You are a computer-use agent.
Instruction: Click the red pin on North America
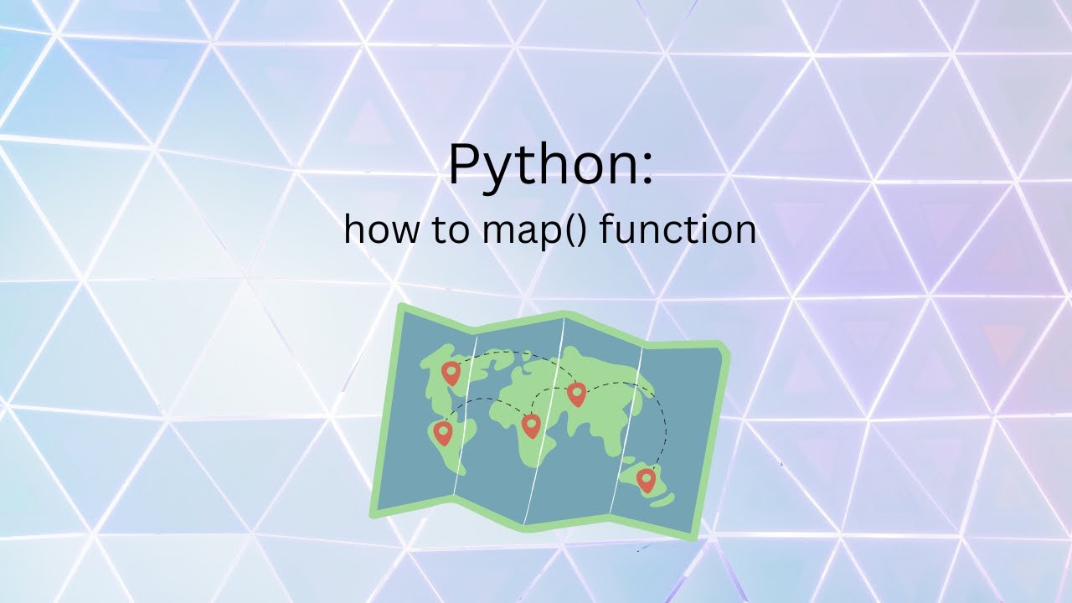[x=451, y=372]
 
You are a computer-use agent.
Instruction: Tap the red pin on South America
[x=442, y=432]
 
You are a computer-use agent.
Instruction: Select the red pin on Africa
[x=530, y=425]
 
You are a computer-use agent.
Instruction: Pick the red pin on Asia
[x=576, y=393]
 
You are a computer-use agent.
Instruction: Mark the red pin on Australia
[x=645, y=479]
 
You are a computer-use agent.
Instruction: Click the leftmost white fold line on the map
[x=466, y=419]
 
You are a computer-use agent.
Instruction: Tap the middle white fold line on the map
[x=549, y=419]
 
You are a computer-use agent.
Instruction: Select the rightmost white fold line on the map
[x=626, y=427]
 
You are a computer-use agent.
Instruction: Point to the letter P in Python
[x=464, y=165]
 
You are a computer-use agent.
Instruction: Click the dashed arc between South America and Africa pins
[x=486, y=400]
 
